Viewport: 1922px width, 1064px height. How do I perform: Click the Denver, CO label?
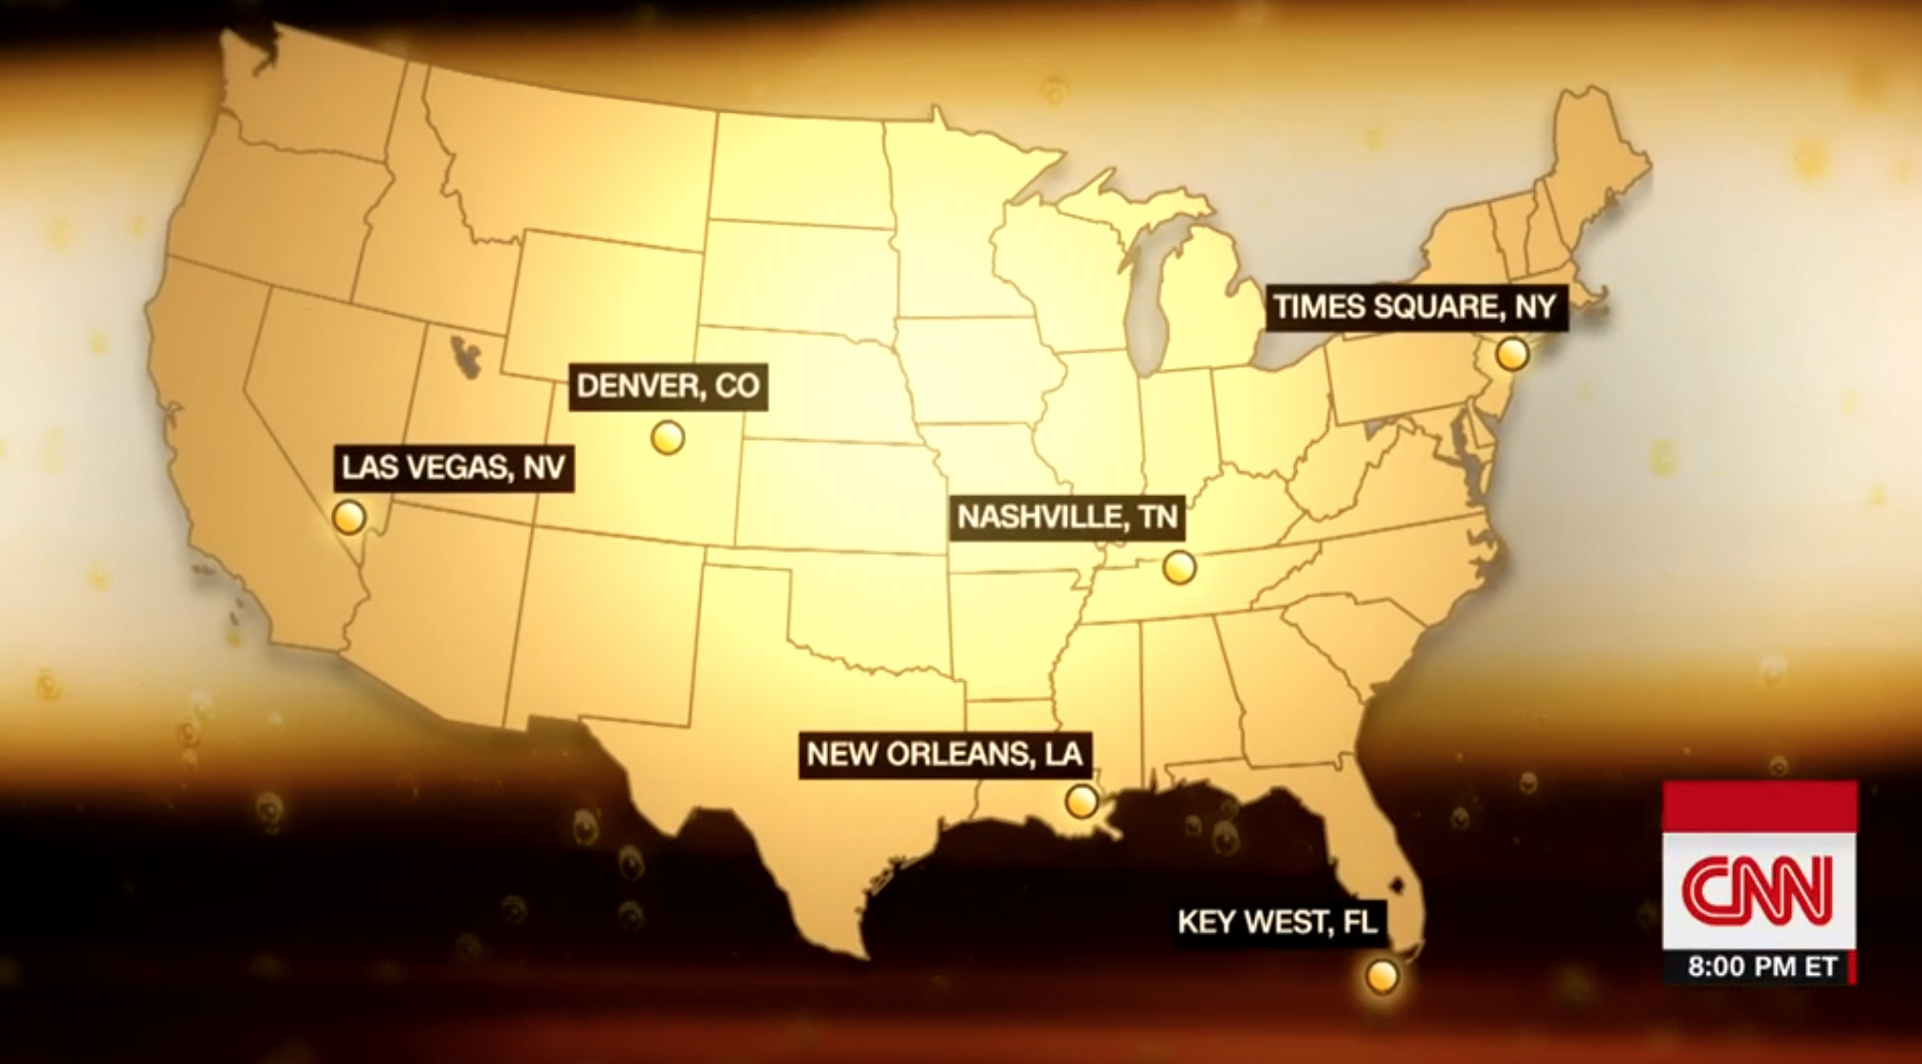click(x=668, y=386)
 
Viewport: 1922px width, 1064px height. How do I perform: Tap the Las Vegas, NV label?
click(x=453, y=467)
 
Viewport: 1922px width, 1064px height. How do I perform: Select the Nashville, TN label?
click(x=1067, y=517)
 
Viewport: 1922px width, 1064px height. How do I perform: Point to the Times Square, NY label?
click(x=1415, y=307)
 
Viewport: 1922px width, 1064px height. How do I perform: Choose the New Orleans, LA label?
click(x=944, y=754)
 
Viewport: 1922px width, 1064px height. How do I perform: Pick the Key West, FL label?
click(x=1277, y=921)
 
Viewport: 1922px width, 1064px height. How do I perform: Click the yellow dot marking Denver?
click(x=668, y=438)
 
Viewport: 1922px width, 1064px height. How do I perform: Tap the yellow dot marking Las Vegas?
click(x=349, y=518)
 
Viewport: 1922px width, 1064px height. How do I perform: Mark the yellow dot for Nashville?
click(x=1179, y=567)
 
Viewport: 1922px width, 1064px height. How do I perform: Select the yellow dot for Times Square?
click(x=1512, y=354)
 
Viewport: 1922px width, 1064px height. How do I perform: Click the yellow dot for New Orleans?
click(x=1081, y=801)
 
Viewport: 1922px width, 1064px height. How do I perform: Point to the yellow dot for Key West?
click(x=1382, y=975)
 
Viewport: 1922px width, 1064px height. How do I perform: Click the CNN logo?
click(x=1758, y=890)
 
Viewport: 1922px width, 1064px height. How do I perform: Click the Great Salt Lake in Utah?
click(x=464, y=355)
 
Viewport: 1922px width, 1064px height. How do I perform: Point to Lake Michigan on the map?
click(x=1149, y=303)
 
